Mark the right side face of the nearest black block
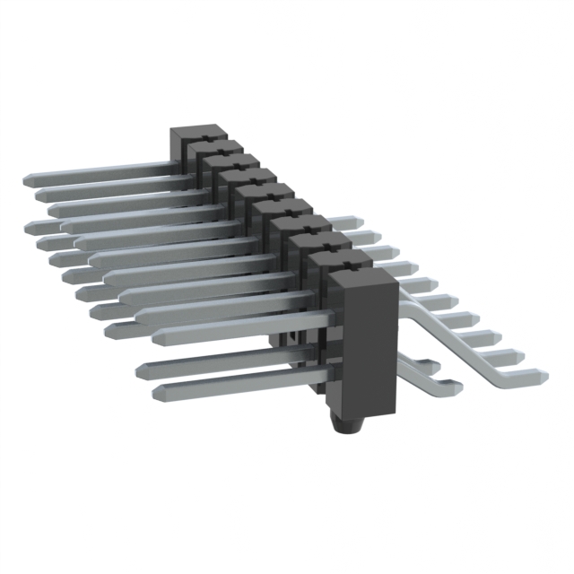point(389,350)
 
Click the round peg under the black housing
point(343,422)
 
